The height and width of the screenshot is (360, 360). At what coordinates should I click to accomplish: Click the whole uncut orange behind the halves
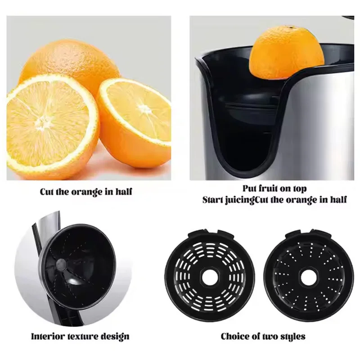click(69, 62)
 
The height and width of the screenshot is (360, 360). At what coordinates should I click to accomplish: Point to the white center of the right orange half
click(144, 108)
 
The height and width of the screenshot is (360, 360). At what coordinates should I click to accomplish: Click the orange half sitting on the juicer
click(287, 53)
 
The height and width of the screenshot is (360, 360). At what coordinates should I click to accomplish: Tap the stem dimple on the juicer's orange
click(292, 27)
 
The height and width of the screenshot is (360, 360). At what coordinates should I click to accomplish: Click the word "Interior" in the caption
click(48, 336)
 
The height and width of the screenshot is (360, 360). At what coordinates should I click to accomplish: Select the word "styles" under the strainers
click(292, 337)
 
